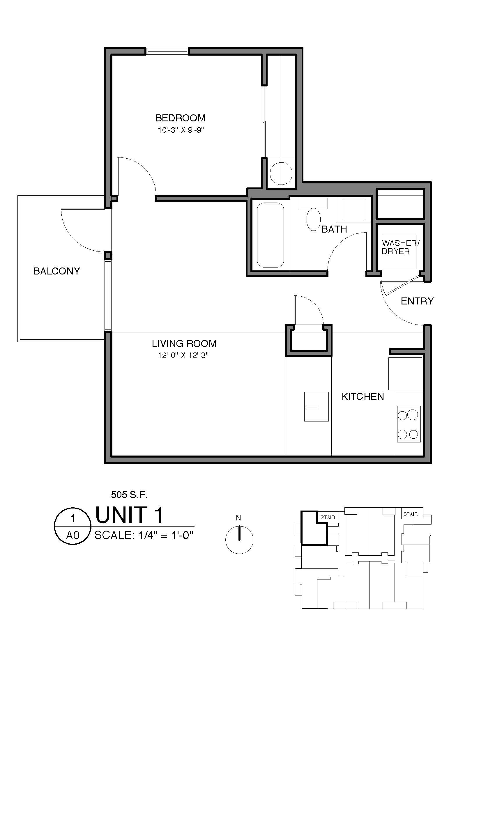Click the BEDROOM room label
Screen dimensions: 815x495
click(180, 118)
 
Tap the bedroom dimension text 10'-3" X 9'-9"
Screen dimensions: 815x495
click(180, 130)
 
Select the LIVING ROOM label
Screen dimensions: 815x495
click(184, 344)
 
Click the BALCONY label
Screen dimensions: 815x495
click(57, 271)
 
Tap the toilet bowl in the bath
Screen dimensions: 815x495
click(313, 219)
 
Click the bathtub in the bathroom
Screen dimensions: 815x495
click(270, 235)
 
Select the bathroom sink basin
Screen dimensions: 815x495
click(353, 210)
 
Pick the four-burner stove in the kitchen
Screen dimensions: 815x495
click(409, 424)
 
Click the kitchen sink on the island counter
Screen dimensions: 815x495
click(316, 407)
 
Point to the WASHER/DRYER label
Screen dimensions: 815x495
click(400, 247)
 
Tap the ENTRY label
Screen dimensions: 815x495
click(417, 301)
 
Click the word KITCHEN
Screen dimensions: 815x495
click(363, 396)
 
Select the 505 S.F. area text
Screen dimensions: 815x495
click(129, 495)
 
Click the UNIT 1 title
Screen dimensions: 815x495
click(129, 515)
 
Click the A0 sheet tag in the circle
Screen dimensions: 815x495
click(73, 535)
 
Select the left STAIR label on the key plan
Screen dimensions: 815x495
click(328, 517)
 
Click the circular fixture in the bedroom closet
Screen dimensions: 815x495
click(281, 173)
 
